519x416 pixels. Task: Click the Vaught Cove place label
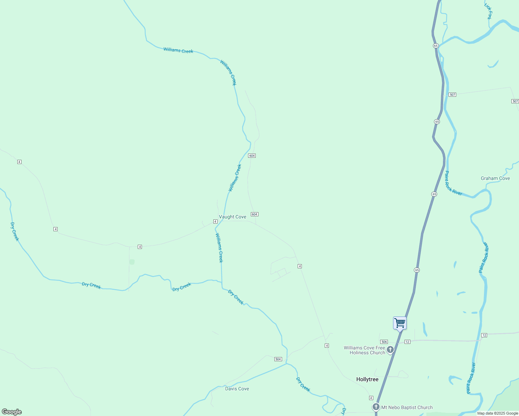tap(232, 217)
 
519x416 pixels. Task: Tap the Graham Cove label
tap(495, 179)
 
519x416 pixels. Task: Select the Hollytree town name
tap(367, 380)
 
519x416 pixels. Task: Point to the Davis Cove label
tap(237, 389)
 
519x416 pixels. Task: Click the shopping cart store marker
tap(400, 323)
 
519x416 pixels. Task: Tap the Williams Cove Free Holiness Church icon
tap(390, 349)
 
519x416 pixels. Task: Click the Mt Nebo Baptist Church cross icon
tap(376, 407)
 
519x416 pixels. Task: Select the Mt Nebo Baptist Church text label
tap(407, 408)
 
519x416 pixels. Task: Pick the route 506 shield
tap(384, 342)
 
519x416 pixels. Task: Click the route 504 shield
tap(278, 359)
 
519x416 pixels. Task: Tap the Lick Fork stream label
tap(488, 11)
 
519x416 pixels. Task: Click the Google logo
tap(12, 412)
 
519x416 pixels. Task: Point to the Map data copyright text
tap(497, 413)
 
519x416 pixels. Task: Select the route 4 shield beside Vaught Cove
tap(215, 222)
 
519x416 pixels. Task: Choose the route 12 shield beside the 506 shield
tap(407, 342)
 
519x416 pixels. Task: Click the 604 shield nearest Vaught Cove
tap(255, 214)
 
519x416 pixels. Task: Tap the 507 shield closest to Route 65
tap(452, 95)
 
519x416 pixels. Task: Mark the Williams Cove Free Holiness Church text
tap(365, 350)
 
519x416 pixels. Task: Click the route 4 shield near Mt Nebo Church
tap(371, 398)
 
